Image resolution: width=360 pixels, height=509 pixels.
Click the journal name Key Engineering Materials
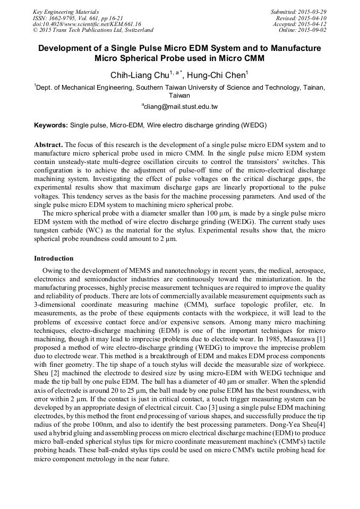tap(66, 11)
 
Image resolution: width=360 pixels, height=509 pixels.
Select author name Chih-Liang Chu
tap(137, 75)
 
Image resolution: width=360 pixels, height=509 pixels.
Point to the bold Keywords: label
tap(51, 125)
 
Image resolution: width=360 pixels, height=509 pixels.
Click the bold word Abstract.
tap(48, 144)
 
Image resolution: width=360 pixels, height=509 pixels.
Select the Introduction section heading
tap(54, 258)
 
